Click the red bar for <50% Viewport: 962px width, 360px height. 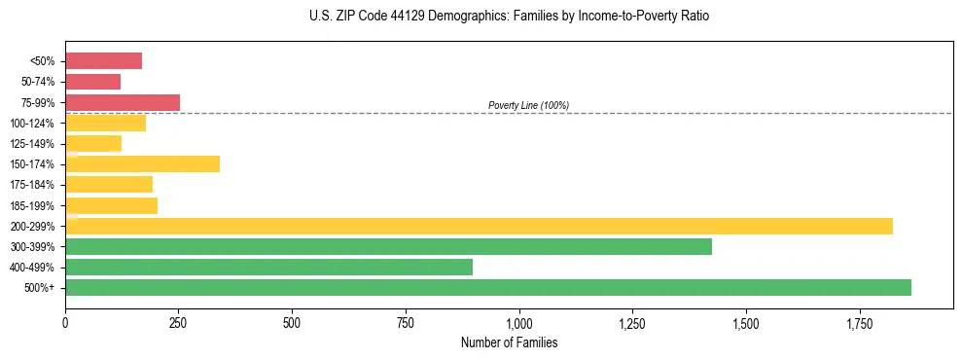click(x=103, y=61)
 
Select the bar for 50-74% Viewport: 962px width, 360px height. click(x=92, y=82)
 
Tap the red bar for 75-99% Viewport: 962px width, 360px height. click(x=123, y=102)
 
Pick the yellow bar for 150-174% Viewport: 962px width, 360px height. click(x=142, y=163)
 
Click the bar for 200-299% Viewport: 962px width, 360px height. click(x=479, y=226)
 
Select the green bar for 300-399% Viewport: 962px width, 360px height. click(x=388, y=246)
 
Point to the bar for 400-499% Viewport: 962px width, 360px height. click(x=268, y=267)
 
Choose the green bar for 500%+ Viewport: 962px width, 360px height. click(x=488, y=287)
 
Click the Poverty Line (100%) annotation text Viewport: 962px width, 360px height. click(x=528, y=105)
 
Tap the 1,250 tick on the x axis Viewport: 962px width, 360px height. click(x=632, y=322)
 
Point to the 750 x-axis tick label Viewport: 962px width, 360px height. click(x=406, y=322)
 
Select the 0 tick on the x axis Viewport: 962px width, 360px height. click(x=65, y=322)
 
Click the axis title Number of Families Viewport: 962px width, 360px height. click(x=508, y=342)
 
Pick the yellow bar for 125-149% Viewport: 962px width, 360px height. click(x=93, y=143)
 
